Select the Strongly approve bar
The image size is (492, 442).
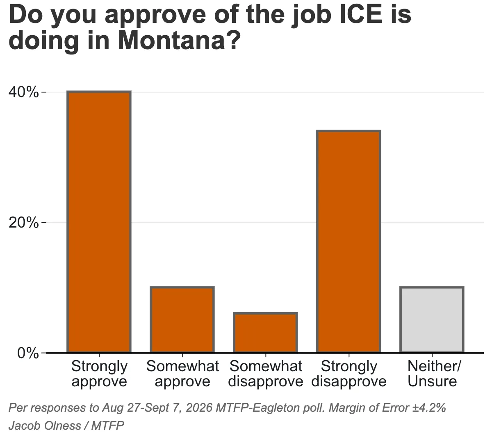tap(99, 222)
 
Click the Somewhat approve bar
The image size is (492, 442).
tap(182, 320)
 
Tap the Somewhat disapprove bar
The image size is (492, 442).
tap(265, 333)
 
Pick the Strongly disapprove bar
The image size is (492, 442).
tap(349, 241)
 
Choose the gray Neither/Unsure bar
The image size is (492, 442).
tap(432, 320)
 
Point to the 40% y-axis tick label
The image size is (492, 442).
tap(23, 92)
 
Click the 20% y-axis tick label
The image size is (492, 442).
tap(23, 223)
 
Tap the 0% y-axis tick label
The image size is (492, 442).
tap(28, 353)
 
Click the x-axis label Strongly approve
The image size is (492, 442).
tap(99, 374)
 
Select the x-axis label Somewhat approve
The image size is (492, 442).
tap(182, 374)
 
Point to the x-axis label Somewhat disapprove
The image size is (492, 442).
tap(266, 374)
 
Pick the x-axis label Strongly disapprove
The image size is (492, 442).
tap(349, 374)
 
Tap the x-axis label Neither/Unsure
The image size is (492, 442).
tap(432, 374)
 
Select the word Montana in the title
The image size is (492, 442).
tap(171, 40)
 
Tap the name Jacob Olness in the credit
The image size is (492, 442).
tap(45, 426)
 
